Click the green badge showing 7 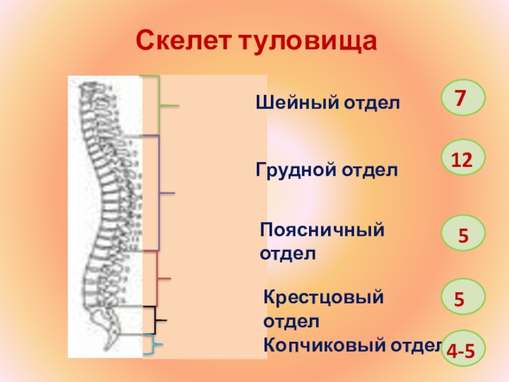tap(462, 97)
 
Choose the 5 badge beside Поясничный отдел tap(462, 233)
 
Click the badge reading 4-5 tap(462, 348)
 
